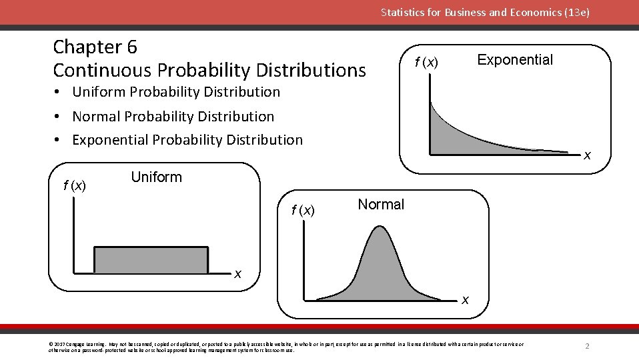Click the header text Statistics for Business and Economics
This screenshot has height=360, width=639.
[485, 12]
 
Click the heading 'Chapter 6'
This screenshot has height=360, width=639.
[95, 47]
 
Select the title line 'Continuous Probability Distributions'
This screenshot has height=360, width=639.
[209, 70]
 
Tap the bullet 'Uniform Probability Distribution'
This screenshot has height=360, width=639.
[176, 92]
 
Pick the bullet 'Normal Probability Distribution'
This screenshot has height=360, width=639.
[173, 117]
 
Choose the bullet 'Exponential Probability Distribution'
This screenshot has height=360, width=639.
[187, 140]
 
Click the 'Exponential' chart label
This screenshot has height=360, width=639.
[515, 60]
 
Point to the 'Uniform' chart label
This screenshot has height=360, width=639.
[156, 177]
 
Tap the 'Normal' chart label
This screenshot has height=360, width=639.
[381, 205]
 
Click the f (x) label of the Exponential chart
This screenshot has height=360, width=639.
[426, 63]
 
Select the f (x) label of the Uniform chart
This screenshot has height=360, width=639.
[75, 186]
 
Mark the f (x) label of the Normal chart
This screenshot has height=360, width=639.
[303, 211]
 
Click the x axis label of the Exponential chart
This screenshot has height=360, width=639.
[587, 156]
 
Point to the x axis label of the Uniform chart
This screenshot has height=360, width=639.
[237, 274]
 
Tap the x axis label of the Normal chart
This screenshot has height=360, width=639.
[465, 301]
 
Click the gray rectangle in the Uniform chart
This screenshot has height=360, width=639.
[151, 261]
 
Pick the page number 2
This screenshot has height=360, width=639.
[587, 346]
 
